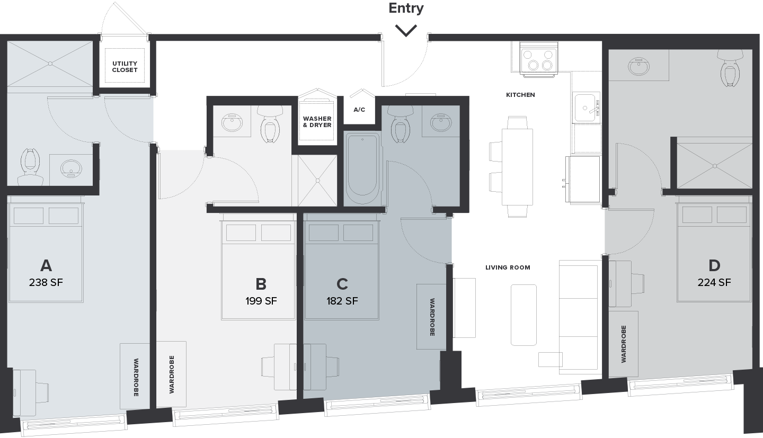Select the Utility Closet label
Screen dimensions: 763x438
pyautogui.click(x=125, y=67)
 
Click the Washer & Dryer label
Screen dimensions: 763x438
pyautogui.click(x=317, y=122)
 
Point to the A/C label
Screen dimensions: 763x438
pyautogui.click(x=359, y=110)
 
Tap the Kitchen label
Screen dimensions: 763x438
pyautogui.click(x=520, y=95)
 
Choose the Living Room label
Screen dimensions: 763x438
pyautogui.click(x=508, y=267)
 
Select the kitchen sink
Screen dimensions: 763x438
pyautogui.click(x=585, y=108)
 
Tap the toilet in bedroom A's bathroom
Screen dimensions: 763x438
pyautogui.click(x=30, y=167)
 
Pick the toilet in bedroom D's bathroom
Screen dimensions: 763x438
pyautogui.click(x=730, y=68)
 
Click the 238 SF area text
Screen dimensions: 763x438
pyautogui.click(x=46, y=283)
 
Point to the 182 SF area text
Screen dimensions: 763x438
pyautogui.click(x=342, y=301)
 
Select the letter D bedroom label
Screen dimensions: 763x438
pyautogui.click(x=714, y=266)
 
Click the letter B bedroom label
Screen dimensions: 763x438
pyautogui.click(x=261, y=284)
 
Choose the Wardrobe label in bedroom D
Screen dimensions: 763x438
pyautogui.click(x=624, y=344)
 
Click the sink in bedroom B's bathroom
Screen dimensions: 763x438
pyautogui.click(x=232, y=122)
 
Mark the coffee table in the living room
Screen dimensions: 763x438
pyautogui.click(x=524, y=315)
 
